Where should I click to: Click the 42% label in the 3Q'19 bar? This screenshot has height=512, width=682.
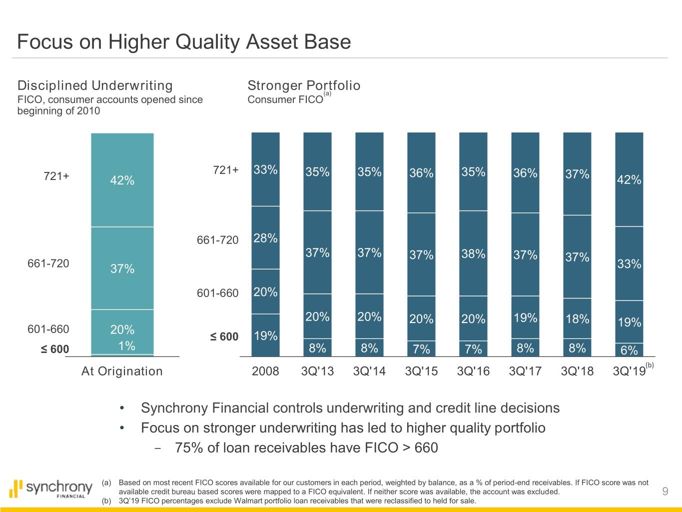pos(629,180)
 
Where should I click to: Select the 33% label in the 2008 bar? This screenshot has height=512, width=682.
pos(265,170)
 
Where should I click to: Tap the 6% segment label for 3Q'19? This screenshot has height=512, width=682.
pos(629,350)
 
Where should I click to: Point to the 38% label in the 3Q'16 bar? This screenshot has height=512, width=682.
pos(473,254)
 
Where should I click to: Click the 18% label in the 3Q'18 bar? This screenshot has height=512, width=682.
pos(577,319)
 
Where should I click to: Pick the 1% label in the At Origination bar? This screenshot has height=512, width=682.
pos(127,346)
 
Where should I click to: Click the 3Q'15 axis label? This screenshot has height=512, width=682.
pos(421,371)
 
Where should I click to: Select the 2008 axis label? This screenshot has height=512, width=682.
pos(265,371)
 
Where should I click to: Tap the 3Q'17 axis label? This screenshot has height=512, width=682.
pos(525,371)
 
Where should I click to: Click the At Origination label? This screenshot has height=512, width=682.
pos(122,371)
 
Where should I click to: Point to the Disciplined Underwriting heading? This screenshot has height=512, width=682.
pos(95,85)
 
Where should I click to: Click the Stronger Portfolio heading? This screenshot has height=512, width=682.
pos(304,85)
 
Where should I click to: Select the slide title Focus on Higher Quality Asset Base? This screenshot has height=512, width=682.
pos(184,41)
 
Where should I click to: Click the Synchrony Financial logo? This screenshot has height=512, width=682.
pos(51,488)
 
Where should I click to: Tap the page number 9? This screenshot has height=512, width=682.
pos(665,491)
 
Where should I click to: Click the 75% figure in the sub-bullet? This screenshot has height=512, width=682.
pos(189,447)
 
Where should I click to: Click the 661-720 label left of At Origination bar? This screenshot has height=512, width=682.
pos(48,263)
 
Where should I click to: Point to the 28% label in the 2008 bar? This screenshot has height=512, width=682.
pos(265,238)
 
